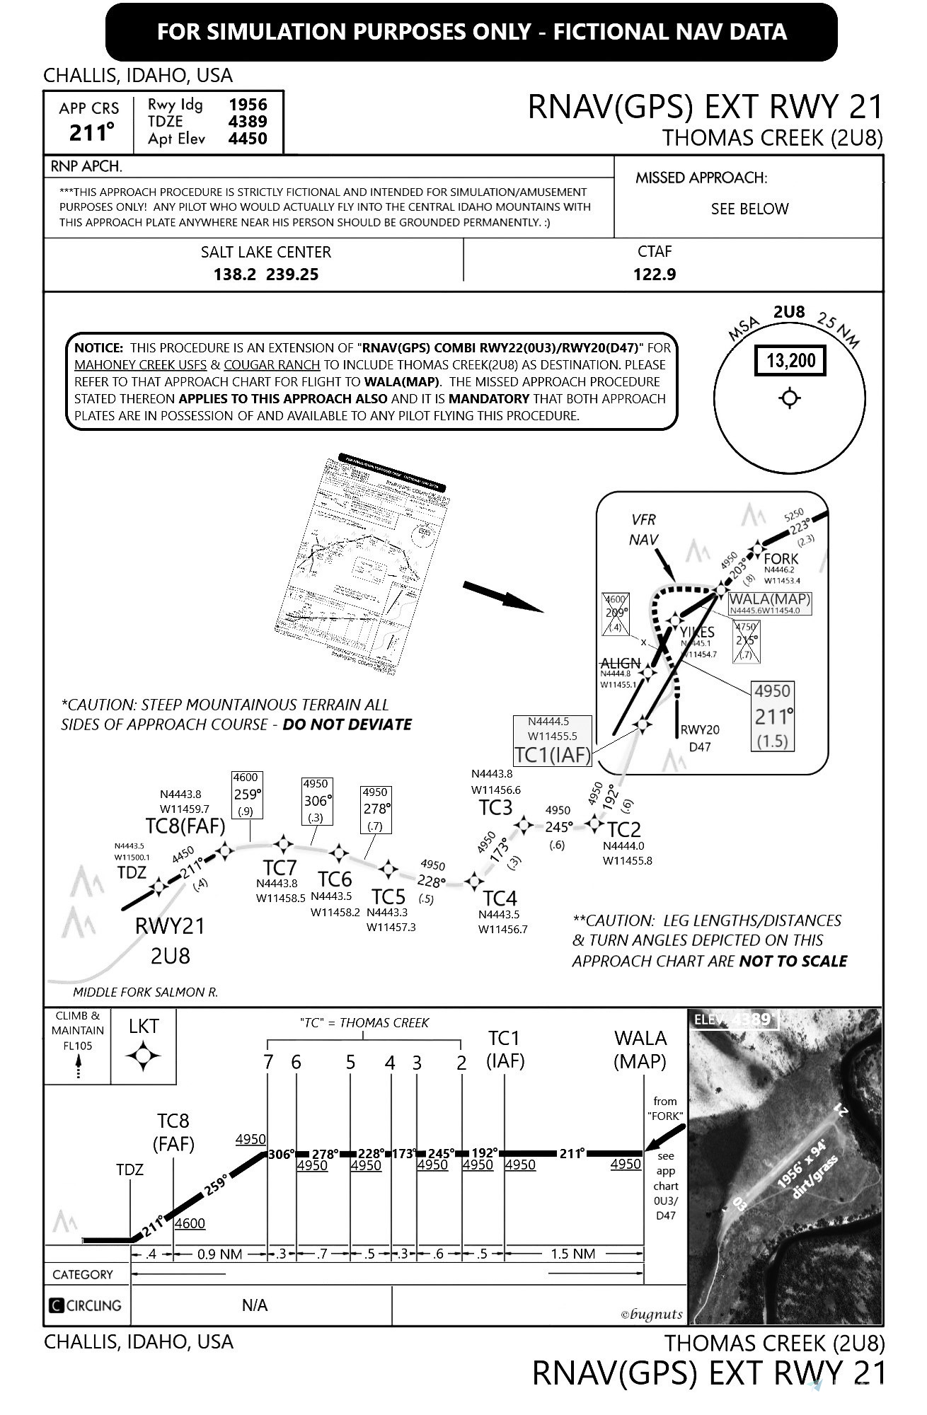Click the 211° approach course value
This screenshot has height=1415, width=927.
(x=91, y=132)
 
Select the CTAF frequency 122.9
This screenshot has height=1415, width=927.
(x=655, y=274)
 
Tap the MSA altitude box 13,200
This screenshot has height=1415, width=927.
(x=790, y=361)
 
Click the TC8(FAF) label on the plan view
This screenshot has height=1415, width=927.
(x=185, y=826)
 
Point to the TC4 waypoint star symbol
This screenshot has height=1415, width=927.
(x=475, y=882)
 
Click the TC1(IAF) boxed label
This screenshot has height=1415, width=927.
(x=552, y=754)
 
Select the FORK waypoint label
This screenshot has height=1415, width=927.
(x=781, y=558)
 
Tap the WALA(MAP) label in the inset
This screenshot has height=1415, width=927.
(x=770, y=599)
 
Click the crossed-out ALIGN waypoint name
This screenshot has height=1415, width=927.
(x=620, y=663)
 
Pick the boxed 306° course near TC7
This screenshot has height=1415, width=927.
(x=316, y=801)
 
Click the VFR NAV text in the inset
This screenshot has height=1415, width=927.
(x=644, y=529)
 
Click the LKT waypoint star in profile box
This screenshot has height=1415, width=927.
(x=144, y=1056)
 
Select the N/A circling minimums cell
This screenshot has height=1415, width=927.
(x=254, y=1305)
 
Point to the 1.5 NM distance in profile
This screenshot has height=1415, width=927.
(x=573, y=1254)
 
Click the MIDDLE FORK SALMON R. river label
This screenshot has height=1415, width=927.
(x=146, y=992)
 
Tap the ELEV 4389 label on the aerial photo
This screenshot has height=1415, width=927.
(x=734, y=1020)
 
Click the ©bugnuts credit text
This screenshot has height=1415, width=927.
(x=651, y=1315)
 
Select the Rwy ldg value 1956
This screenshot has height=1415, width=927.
(x=248, y=105)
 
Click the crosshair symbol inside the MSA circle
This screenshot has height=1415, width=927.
(x=790, y=398)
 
